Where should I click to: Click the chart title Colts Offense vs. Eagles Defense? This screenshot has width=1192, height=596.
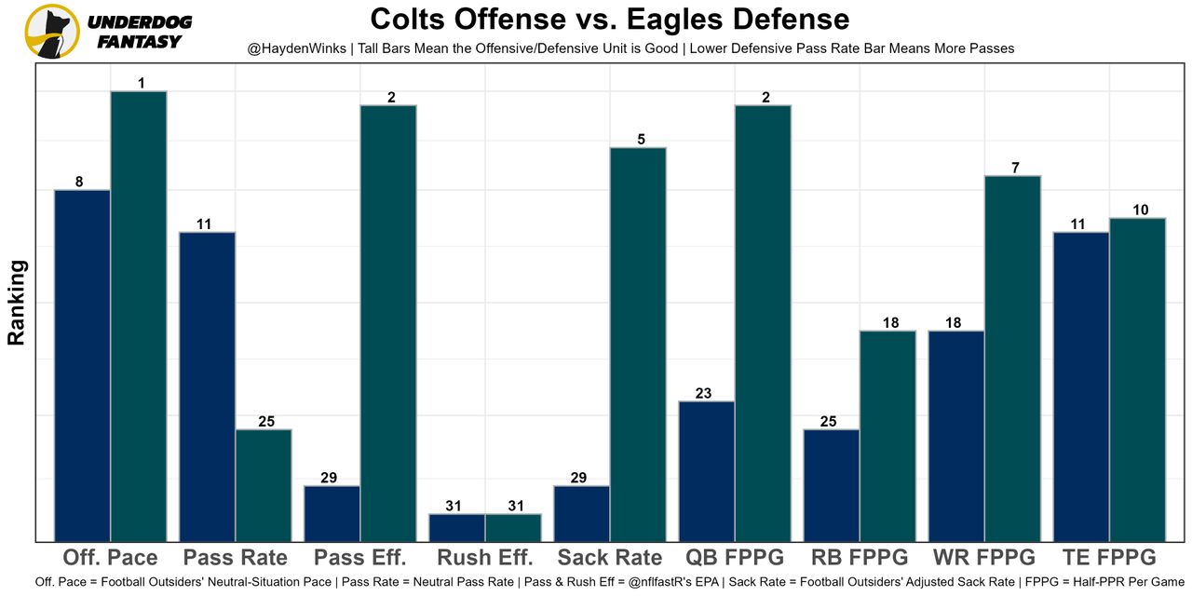609,20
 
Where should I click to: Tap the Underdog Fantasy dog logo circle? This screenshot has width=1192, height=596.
52,32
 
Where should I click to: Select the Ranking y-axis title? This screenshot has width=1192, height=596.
17,303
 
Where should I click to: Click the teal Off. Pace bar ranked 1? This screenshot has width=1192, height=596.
139,316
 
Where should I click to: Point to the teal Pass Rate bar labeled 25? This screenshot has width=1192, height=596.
264,485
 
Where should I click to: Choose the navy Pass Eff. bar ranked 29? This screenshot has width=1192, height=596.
332,513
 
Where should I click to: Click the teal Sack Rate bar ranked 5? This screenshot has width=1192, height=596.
638,344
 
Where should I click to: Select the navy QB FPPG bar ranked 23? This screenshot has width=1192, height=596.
707,471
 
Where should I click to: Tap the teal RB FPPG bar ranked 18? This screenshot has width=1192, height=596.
887,436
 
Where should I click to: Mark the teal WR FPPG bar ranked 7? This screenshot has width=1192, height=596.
1012,359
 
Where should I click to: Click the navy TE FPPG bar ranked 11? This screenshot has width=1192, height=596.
1081,386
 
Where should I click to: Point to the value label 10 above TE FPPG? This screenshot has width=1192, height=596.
1141,210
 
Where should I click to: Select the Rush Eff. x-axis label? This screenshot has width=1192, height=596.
484,558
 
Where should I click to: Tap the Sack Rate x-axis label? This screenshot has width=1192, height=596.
610,558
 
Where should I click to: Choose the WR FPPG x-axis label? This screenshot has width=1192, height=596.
983,558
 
